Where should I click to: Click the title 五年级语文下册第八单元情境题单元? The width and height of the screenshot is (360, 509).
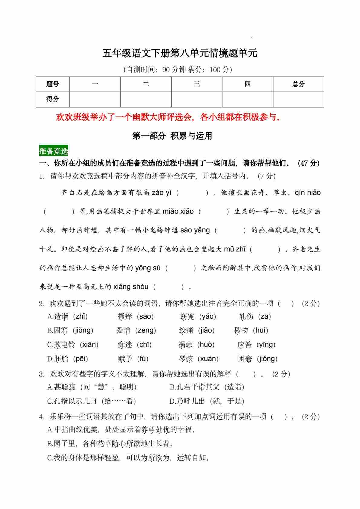(x=180, y=53)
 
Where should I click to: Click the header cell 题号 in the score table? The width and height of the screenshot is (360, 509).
(x=53, y=84)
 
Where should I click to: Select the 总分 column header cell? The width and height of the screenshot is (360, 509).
(x=298, y=84)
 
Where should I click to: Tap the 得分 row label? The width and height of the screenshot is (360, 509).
(x=53, y=99)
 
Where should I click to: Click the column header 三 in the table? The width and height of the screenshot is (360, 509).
(x=197, y=84)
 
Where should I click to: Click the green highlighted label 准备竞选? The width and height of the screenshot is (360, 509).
(x=54, y=151)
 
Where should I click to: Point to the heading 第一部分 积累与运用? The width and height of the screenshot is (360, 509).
(x=172, y=136)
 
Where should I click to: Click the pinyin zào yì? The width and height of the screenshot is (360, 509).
(x=162, y=193)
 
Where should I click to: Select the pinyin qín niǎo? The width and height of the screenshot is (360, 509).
(x=307, y=193)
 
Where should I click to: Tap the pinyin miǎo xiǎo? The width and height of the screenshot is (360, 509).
(x=178, y=212)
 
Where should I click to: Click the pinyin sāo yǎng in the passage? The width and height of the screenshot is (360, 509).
(x=195, y=230)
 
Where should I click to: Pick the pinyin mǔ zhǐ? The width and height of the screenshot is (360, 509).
(x=235, y=249)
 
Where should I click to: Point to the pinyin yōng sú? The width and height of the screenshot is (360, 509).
(x=148, y=268)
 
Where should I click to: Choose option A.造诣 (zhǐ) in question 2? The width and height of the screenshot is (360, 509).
(x=67, y=317)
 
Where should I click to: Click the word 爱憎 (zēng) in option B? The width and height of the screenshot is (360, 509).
(x=136, y=330)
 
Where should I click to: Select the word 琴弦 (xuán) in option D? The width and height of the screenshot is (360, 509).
(x=198, y=359)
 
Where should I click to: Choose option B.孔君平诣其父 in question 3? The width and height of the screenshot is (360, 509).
(x=207, y=387)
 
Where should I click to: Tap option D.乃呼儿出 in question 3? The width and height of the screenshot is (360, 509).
(x=207, y=401)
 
